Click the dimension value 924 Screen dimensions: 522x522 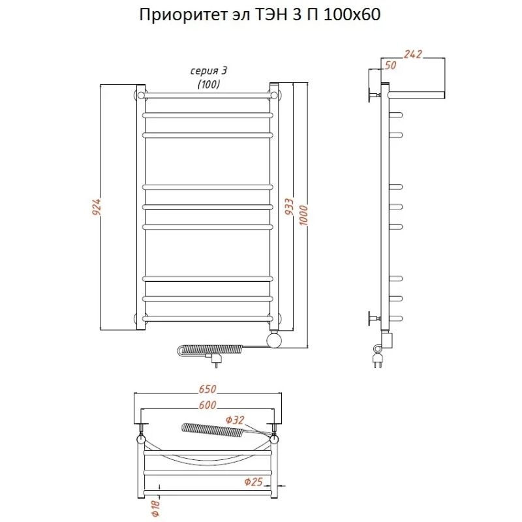click(97, 207)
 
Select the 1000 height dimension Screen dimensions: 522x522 click(303, 212)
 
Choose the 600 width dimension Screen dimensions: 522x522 click(207, 406)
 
